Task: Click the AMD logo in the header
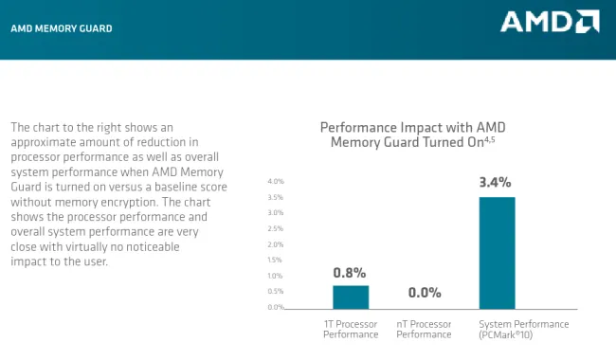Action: [550, 22]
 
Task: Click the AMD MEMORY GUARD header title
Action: [61, 29]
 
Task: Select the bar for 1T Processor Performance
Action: [350, 297]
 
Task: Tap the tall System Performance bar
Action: [497, 252]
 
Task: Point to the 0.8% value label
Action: [350, 272]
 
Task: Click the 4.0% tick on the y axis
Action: [276, 181]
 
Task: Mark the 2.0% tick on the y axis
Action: [276, 243]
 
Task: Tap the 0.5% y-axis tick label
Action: [276, 291]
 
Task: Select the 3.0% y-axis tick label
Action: [276, 212]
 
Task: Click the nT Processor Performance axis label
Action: [424, 329]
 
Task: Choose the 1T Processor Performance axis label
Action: [350, 329]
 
